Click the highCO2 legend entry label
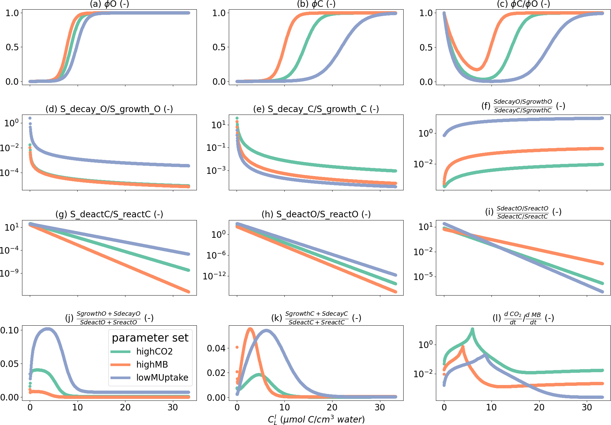point(154,351)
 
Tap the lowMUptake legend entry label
point(162,378)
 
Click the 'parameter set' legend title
point(150,338)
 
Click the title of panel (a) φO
point(109,4)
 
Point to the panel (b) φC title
point(316,4)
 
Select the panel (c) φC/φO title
point(523,4)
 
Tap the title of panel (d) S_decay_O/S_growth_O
point(109,109)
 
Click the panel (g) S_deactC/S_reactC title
point(109,214)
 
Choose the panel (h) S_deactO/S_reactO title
point(316,214)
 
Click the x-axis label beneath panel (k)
point(316,419)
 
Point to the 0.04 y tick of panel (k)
point(216,348)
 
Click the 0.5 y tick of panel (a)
point(12,47)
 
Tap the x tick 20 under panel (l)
point(539,407)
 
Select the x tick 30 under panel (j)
point(173,407)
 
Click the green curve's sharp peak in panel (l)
point(472,329)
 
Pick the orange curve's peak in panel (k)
point(250,329)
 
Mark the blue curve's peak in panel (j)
point(48,329)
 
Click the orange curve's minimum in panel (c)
point(477,69)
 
